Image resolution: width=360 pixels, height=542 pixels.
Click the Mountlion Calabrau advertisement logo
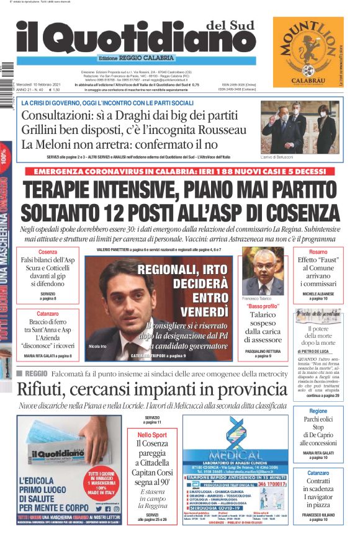(x=308, y=54)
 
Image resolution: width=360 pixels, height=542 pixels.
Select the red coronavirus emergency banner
(x=180, y=171)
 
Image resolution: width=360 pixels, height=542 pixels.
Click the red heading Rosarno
(x=318, y=252)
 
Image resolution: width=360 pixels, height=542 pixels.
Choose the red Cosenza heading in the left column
(x=48, y=252)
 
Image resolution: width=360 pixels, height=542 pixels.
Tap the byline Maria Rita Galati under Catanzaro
(x=45, y=356)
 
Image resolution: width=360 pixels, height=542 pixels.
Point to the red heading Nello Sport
(x=152, y=435)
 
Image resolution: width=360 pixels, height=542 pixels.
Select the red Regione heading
(x=318, y=411)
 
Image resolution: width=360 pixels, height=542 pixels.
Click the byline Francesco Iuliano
(x=318, y=514)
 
